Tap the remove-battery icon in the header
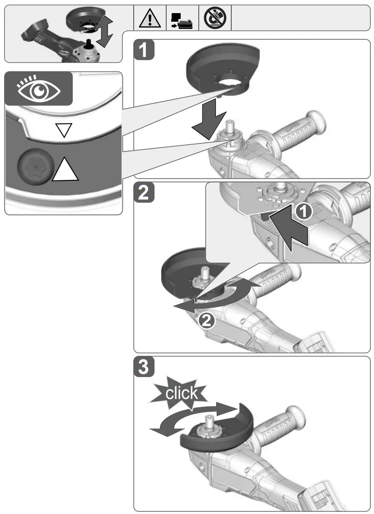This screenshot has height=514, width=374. [182, 18]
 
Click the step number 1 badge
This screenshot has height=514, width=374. [145, 50]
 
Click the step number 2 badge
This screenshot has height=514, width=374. [145, 193]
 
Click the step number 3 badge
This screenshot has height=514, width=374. [145, 367]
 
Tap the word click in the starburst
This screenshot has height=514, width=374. [181, 392]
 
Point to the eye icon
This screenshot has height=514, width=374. [38, 88]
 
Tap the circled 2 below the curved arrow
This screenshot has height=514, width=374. [205, 321]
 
